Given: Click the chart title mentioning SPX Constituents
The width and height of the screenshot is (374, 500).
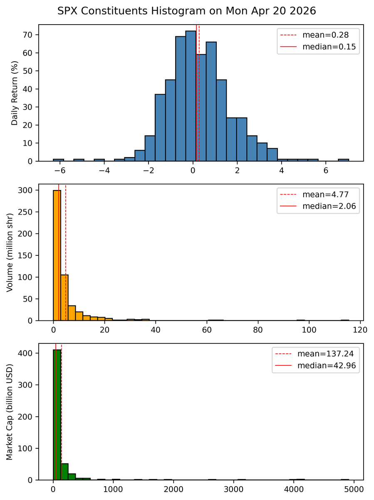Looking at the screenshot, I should [x=187, y=11].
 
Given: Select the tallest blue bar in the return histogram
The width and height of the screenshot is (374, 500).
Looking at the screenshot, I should [x=191, y=96].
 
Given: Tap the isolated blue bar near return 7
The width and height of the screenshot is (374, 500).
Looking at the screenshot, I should [x=343, y=160].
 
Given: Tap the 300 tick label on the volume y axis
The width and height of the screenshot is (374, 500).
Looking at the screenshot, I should [x=28, y=190].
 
